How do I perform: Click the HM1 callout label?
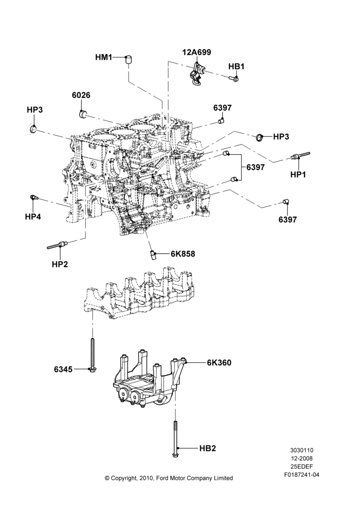click(103, 58)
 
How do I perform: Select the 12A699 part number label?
click(197, 52)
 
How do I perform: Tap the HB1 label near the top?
click(236, 67)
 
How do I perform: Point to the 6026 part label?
click(81, 96)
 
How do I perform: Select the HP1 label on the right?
click(298, 174)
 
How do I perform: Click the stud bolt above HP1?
click(301, 156)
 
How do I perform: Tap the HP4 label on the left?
click(33, 216)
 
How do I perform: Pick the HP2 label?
click(59, 264)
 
